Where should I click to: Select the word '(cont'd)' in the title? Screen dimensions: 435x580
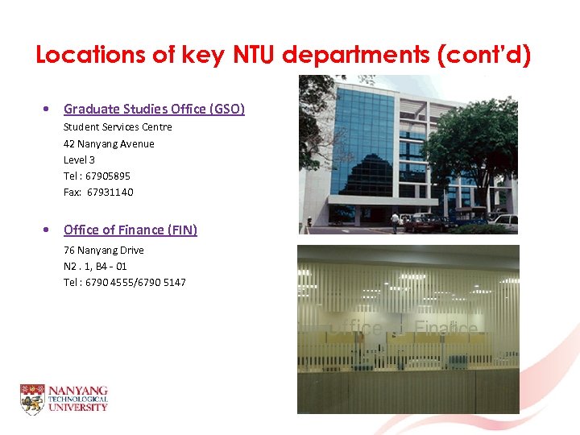pyautogui.click(x=487, y=55)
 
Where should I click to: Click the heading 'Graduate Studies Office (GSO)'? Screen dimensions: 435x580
pyautogui.click(x=154, y=109)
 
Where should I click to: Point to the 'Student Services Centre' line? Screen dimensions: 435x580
pyautogui.click(x=118, y=127)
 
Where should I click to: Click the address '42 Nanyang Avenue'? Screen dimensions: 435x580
pyautogui.click(x=109, y=143)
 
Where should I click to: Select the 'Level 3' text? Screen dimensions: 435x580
pyautogui.click(x=79, y=159)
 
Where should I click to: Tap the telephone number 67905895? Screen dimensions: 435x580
pyautogui.click(x=108, y=176)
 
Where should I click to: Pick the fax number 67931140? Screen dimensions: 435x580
pyautogui.click(x=110, y=192)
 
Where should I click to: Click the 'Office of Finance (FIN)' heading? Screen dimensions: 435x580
pyautogui.click(x=130, y=230)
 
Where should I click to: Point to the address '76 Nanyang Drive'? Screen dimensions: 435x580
pyautogui.click(x=104, y=250)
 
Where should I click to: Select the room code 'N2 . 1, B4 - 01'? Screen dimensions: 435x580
pyautogui.click(x=95, y=266)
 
